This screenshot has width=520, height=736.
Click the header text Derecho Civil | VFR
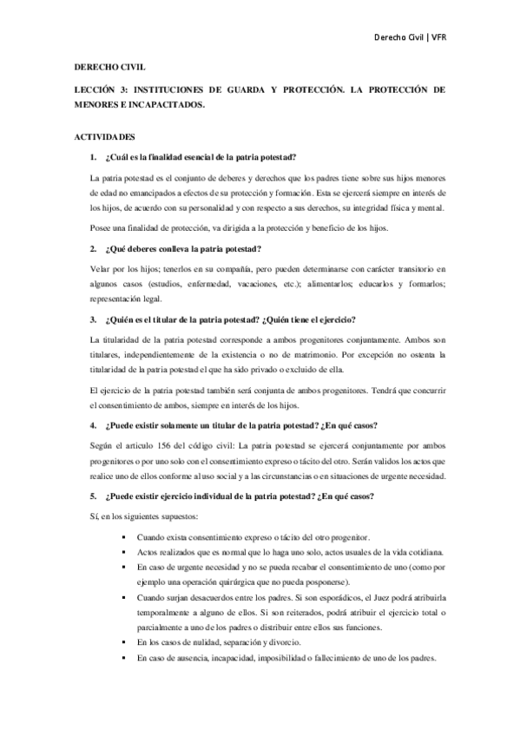pyautogui.click(x=409, y=38)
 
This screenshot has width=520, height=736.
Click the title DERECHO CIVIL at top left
pyautogui.click(x=109, y=66)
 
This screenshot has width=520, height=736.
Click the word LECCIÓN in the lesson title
pyautogui.click(x=95, y=89)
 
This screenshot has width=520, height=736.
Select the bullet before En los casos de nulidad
pyautogui.click(x=126, y=641)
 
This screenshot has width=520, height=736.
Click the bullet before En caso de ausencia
pyautogui.click(x=126, y=657)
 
